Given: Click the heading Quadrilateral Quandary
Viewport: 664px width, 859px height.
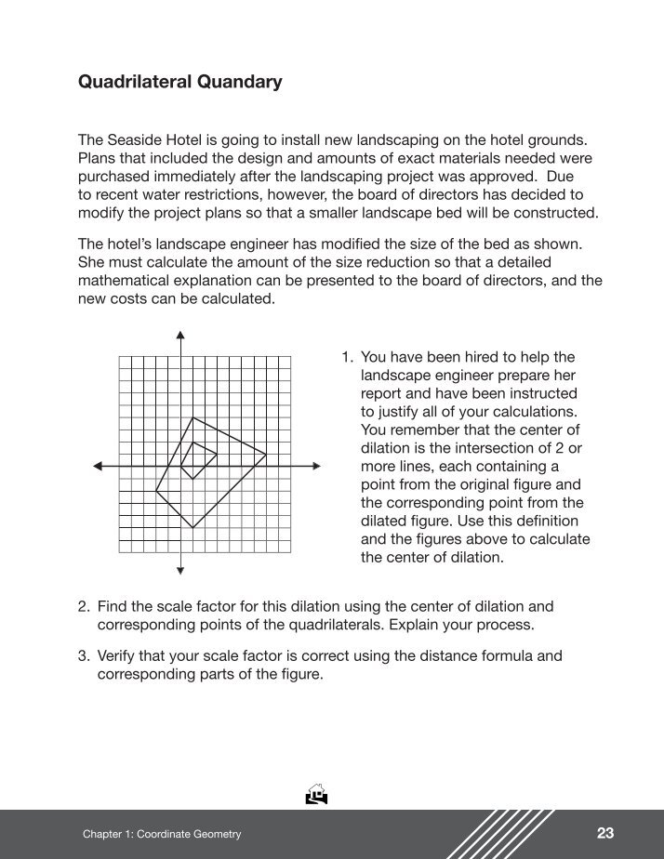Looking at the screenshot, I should (x=179, y=83).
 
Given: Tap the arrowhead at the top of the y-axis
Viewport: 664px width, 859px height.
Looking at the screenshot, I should (x=180, y=335).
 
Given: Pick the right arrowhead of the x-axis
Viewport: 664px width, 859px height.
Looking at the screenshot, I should (x=317, y=467).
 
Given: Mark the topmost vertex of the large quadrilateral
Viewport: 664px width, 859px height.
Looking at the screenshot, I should (x=193, y=418).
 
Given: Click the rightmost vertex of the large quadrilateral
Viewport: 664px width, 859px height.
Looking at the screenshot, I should (x=266, y=455).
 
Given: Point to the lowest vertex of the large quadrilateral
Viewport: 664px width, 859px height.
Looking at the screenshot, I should (x=193, y=528).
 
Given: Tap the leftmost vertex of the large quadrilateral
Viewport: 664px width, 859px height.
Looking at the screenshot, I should (x=156, y=491).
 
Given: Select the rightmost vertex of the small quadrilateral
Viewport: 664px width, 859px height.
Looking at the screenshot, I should (x=217, y=455).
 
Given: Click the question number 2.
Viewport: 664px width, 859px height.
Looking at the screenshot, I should (x=83, y=607).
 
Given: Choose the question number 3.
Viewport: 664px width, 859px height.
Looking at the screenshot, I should (x=83, y=656).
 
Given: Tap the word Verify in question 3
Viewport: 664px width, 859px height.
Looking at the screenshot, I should (x=117, y=656).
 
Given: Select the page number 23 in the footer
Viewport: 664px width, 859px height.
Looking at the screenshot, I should (x=605, y=833).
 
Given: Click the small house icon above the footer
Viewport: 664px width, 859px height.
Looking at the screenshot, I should (x=317, y=794).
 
